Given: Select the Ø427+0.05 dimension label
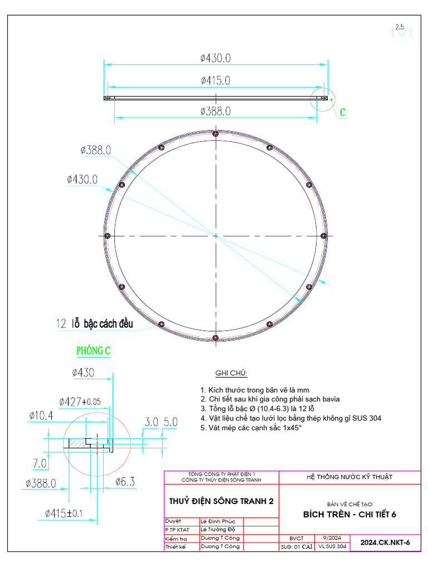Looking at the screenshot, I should point(81,401).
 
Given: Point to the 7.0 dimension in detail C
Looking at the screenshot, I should point(40,463).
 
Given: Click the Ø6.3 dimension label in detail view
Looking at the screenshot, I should point(125,481).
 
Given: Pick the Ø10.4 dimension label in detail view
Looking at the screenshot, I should point(41,415).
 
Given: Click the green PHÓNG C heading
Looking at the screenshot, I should point(93,351).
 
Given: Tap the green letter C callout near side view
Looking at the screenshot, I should point(343,113).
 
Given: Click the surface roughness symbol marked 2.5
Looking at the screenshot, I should point(400,31).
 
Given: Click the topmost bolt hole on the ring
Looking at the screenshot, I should point(215,133).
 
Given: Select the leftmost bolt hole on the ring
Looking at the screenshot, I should point(108,236).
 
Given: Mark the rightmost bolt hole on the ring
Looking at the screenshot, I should point(323,236).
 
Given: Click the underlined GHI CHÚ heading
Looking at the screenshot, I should point(231,373).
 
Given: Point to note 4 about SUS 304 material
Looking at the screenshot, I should point(291,418).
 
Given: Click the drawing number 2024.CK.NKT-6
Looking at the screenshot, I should point(385,543).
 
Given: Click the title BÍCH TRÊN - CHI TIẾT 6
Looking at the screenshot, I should point(349,514).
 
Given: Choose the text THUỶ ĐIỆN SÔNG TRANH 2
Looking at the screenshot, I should point(221,501).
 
